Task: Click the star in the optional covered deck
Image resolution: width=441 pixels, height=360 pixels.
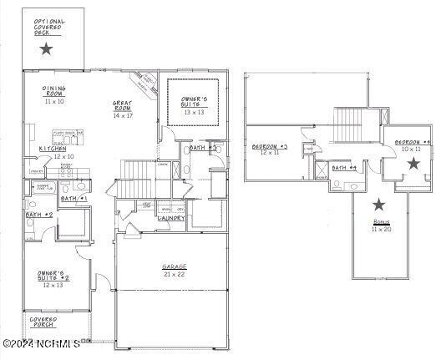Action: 46,49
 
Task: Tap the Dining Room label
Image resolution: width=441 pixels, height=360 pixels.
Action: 55,93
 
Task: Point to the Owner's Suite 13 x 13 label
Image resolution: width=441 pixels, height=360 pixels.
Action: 194,104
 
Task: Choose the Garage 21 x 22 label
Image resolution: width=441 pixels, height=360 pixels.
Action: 175,269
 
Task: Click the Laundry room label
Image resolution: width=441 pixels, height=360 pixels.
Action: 172,218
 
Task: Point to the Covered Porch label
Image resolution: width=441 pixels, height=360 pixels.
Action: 43,322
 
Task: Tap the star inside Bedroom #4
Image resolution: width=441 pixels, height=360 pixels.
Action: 413,164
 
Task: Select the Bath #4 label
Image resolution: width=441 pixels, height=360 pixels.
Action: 344,168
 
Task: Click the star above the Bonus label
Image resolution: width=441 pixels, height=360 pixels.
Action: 380,204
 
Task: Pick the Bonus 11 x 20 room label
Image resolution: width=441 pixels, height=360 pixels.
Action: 381,226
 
